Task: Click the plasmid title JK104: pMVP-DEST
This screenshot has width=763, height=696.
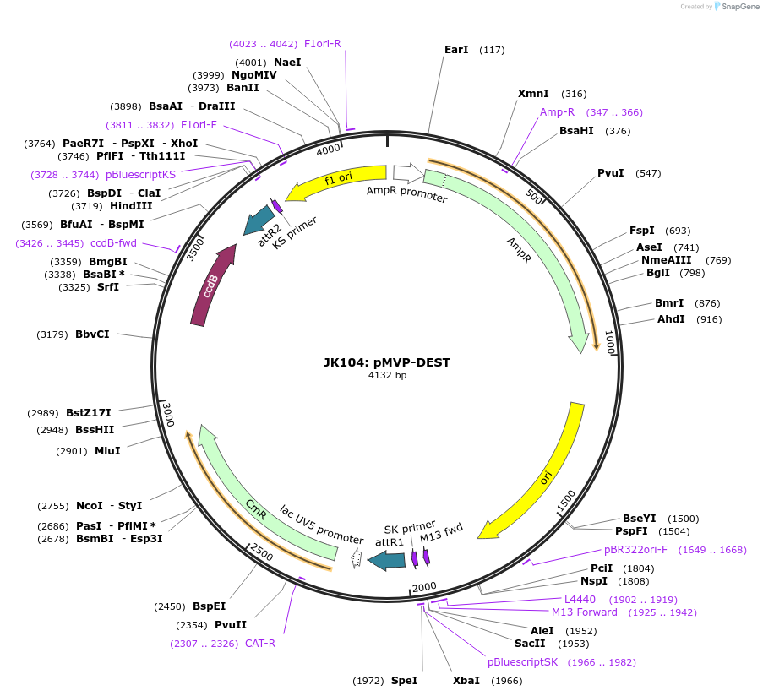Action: tap(386, 362)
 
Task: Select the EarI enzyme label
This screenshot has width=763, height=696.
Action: tap(456, 50)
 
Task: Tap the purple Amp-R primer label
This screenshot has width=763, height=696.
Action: tap(557, 112)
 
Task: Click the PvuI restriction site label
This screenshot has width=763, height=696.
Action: tap(611, 173)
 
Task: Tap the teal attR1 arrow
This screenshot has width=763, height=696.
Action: tap(387, 560)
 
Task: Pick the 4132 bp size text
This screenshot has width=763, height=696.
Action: tap(386, 376)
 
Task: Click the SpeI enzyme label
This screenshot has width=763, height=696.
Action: tap(404, 680)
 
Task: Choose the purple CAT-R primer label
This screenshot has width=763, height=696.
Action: tap(260, 643)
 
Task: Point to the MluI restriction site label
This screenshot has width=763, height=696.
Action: tap(107, 450)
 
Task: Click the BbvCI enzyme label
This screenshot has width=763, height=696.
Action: tap(92, 334)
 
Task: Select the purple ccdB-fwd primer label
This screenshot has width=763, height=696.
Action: tap(113, 243)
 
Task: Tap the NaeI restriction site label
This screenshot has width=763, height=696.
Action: tap(287, 62)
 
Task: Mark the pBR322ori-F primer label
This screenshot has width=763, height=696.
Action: tap(635, 550)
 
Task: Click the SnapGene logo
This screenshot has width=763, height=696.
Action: tap(733, 7)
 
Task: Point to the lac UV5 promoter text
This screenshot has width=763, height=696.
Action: tap(321, 525)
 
